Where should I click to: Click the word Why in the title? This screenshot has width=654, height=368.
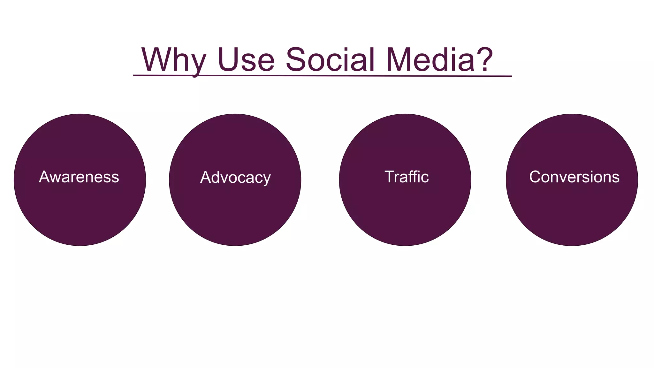174,60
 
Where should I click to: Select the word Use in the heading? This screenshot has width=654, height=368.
246,60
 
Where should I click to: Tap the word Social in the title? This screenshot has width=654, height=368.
330,60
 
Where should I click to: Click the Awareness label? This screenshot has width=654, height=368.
79,177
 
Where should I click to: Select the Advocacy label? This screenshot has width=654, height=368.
235,178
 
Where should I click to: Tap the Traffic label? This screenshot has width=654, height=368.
407,177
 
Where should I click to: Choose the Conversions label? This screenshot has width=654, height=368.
574,177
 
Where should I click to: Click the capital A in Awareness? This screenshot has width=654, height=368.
44,177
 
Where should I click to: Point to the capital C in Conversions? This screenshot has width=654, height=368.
536,177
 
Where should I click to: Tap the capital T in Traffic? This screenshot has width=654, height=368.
390,177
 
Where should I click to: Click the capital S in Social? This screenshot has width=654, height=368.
296,60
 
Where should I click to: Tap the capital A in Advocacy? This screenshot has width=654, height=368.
206,178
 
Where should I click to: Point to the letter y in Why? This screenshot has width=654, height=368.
197,64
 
